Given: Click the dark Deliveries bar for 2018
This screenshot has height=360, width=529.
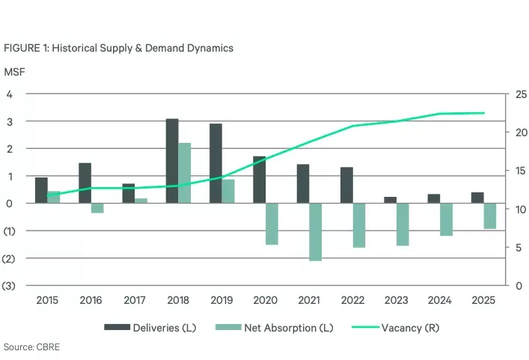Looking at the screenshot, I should point(172,161).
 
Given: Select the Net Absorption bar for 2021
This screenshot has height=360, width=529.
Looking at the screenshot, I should point(315,232).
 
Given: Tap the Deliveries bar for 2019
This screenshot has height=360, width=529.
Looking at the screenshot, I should point(215,163).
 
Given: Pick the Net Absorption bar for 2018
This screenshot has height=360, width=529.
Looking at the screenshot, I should point(185,173).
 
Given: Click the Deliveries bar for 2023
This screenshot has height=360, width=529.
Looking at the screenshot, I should point(390,200).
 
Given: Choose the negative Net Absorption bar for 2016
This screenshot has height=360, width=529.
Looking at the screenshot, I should point(97,208).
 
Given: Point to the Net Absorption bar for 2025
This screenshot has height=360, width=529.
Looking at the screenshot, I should point(490,216).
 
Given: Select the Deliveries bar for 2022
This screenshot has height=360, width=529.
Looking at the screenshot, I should point(346,185).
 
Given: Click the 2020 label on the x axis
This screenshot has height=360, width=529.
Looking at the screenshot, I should point(265,299).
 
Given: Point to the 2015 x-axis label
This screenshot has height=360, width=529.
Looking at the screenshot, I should point(47,299).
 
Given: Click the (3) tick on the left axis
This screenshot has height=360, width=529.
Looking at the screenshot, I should point(10,285).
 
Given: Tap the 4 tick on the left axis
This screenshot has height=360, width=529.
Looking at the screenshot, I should point(10,94).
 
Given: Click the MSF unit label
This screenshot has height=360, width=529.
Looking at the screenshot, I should point(13,72).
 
